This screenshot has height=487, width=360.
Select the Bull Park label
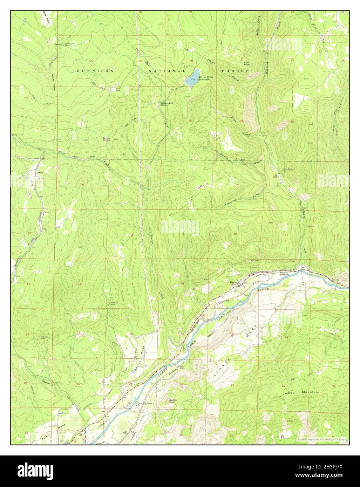point(118,89)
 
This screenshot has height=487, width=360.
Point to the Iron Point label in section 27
point(247,63)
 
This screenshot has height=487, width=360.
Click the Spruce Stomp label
point(106,139)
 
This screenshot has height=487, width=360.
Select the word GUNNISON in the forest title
point(95,71)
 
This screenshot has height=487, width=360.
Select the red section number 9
point(183,234)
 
